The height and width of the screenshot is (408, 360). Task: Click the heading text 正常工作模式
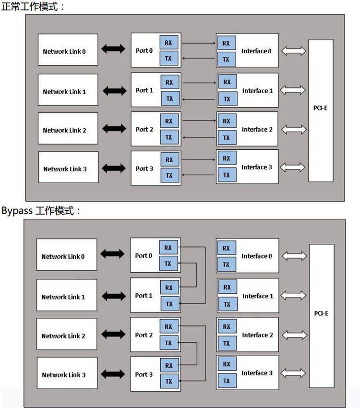32,7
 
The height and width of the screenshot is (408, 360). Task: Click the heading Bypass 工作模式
41,211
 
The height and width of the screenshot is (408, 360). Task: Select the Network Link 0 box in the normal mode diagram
68,50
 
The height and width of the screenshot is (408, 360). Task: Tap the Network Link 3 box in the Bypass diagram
67,374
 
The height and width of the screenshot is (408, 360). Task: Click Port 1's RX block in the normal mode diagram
169,82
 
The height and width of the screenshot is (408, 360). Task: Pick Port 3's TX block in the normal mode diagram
169,175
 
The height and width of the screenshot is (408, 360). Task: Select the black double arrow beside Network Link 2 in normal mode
114,129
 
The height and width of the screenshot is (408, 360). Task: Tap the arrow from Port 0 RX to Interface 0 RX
199,43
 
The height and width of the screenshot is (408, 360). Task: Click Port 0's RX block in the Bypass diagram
168,248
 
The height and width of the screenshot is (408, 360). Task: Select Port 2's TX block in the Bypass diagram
168,343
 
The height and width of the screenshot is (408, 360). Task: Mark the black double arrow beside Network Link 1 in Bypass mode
113,296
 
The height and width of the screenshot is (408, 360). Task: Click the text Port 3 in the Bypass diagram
144,374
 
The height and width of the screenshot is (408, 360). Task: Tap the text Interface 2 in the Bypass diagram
257,335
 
